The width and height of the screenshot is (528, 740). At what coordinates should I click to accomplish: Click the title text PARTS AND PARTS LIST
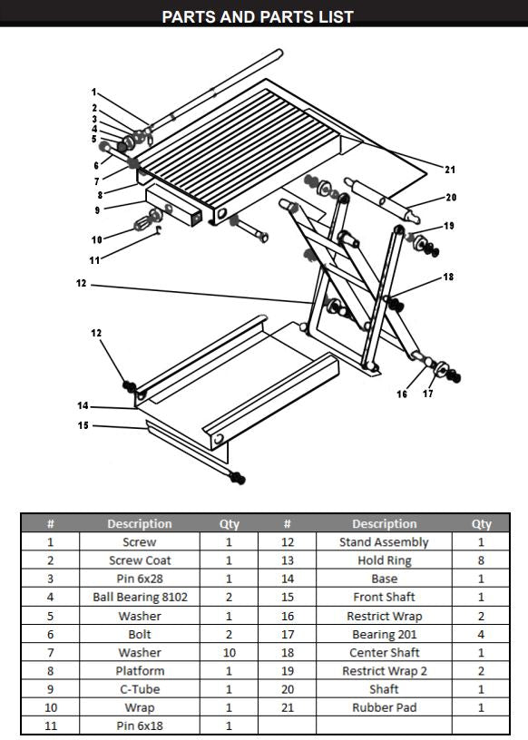click(x=257, y=16)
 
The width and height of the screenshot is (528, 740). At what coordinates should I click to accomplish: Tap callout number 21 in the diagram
click(x=450, y=169)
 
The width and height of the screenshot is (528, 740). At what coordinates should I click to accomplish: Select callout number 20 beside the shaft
click(x=451, y=197)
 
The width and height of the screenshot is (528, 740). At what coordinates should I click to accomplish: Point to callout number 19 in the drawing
click(x=448, y=225)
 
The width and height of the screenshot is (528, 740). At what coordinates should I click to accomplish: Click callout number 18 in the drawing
click(x=448, y=277)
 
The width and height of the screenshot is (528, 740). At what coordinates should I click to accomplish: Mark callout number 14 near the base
click(x=83, y=405)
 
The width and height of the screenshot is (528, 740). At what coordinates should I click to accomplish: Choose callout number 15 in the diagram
click(x=83, y=425)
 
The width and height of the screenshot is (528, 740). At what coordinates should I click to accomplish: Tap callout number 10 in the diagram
click(x=96, y=239)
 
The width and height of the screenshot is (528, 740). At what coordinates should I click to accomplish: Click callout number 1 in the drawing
click(x=93, y=92)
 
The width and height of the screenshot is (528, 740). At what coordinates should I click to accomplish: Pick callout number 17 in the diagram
click(x=428, y=394)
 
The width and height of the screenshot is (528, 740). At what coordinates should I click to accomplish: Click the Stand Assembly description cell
click(x=385, y=542)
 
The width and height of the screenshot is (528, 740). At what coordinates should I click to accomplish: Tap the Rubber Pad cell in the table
click(x=385, y=707)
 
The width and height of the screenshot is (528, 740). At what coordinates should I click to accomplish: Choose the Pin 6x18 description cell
click(x=140, y=725)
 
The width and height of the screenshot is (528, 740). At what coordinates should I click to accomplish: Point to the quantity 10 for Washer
click(x=228, y=652)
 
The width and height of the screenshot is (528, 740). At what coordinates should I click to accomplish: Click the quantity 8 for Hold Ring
click(x=481, y=560)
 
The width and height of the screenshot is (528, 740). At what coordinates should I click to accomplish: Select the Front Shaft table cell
click(x=385, y=597)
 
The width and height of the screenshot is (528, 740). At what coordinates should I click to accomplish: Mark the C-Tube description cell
click(x=140, y=689)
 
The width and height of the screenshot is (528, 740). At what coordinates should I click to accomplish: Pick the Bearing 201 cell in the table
click(x=385, y=634)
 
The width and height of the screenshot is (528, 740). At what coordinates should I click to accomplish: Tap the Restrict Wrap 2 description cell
click(x=385, y=671)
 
